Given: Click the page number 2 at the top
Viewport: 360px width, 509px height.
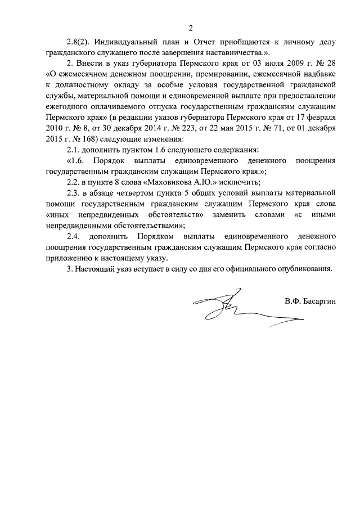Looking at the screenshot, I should [x=191, y=28].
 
